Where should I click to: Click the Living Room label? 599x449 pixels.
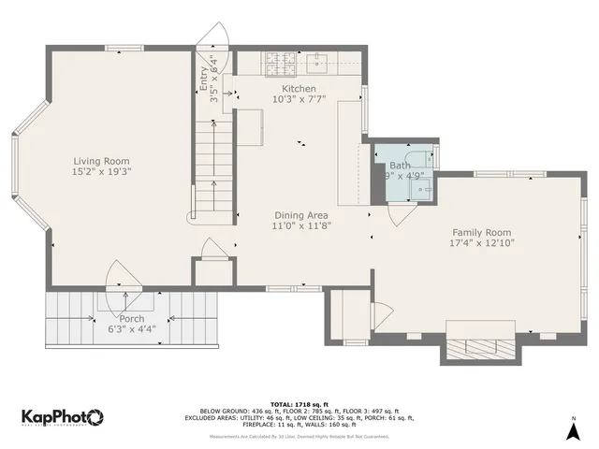[x=100, y=161]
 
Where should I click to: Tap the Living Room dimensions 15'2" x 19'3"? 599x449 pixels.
[x=100, y=172]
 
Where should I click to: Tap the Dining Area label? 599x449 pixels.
[x=300, y=215]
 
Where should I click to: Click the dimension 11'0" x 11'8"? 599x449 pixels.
[x=300, y=225]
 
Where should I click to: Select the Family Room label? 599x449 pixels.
[x=482, y=232]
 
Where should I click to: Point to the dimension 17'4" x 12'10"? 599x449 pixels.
[x=482, y=243]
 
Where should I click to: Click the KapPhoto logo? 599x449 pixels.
[x=62, y=417]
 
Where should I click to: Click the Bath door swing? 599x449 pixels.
[x=402, y=214]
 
